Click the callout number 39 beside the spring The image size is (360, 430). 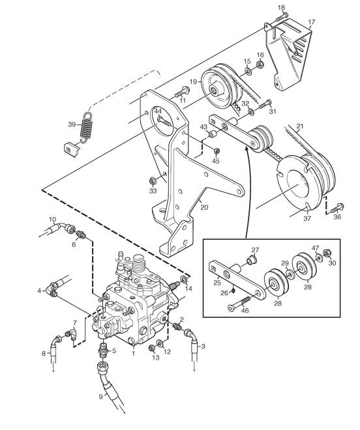point(72,124)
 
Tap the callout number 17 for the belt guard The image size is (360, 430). point(312,22)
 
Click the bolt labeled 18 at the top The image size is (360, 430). point(282,18)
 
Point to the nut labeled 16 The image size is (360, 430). point(260,64)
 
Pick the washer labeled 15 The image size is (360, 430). point(248,72)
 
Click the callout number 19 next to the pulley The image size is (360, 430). point(193,81)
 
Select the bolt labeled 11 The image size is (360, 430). point(182,92)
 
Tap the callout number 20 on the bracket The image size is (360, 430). point(204,207)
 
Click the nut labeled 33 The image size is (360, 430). point(152,180)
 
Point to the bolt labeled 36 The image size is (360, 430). point(337,208)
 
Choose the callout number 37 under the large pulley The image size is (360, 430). point(307,218)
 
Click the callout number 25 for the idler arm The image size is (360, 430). point(217,283)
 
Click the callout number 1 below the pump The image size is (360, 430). point(134,353)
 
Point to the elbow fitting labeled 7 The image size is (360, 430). point(72,334)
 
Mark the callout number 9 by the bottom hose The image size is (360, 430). point(101,396)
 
